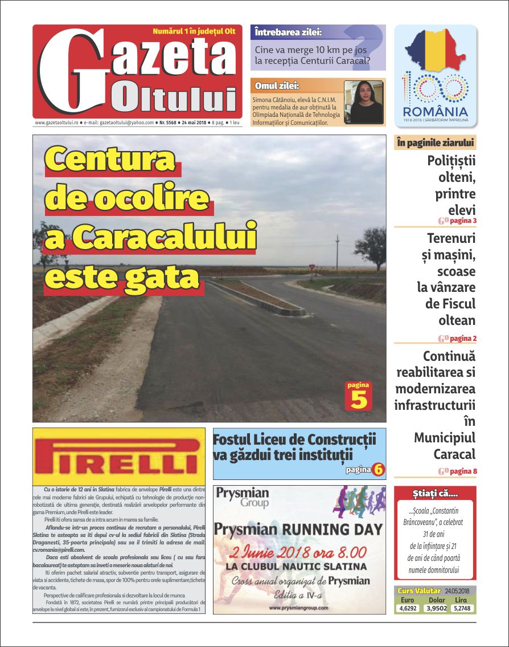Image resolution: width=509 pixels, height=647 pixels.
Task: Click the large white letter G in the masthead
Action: click(x=73, y=71)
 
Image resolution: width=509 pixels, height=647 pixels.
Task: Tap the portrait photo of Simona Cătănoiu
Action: click(x=363, y=102)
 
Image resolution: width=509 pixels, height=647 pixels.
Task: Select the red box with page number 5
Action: click(x=359, y=396)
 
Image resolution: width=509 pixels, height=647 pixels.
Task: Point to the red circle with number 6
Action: click(x=379, y=470)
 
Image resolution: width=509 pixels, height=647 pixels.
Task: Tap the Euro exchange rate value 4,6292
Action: click(x=407, y=608)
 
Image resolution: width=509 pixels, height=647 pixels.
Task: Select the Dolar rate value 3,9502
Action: click(x=436, y=608)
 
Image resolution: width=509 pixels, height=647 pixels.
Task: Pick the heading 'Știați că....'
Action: click(x=435, y=493)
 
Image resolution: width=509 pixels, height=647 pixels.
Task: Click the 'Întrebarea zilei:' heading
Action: click(x=289, y=32)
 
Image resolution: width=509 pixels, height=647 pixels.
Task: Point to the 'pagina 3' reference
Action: click(x=463, y=221)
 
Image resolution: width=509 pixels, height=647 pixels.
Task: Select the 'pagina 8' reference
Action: click(x=463, y=471)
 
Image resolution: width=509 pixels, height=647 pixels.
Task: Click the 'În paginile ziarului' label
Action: click(x=434, y=143)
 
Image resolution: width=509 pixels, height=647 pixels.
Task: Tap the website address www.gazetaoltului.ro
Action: click(x=57, y=123)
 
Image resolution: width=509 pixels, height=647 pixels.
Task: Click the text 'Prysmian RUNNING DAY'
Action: click(x=299, y=530)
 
